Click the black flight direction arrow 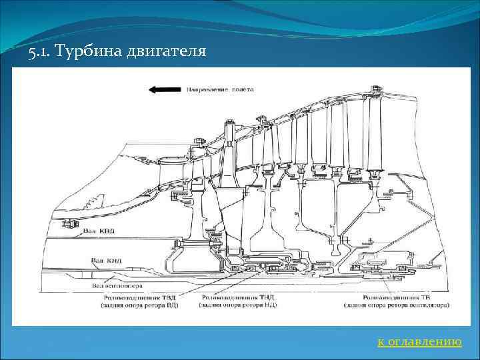[165, 89]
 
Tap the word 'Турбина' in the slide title [89, 51]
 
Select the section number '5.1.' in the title [41, 51]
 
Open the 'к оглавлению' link [419, 342]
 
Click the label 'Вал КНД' [106, 259]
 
